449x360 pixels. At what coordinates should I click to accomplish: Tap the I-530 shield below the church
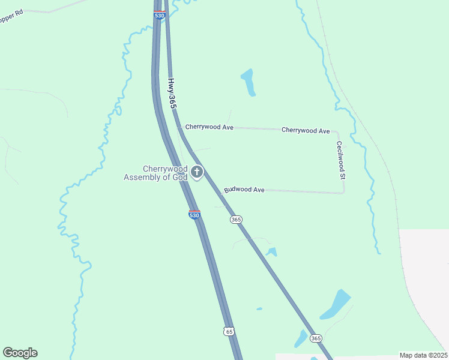194,214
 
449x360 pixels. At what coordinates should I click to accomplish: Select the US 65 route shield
228,331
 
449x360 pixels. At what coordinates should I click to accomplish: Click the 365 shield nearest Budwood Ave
236,220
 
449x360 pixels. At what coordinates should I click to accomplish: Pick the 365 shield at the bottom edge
316,339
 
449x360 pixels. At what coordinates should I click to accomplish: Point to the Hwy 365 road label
172,93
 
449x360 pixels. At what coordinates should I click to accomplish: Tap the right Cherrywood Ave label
306,130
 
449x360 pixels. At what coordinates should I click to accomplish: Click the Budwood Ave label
244,190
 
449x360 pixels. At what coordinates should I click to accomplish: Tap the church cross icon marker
196,173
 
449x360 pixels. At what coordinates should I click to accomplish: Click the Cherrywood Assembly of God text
156,173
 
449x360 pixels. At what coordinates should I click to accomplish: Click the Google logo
20,353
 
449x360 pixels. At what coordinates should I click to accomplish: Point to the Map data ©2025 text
423,355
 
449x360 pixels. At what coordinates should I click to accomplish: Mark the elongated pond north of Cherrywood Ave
249,82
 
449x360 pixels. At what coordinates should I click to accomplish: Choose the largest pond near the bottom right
336,305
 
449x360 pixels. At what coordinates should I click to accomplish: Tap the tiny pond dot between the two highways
259,309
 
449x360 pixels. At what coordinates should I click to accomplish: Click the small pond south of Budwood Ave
272,252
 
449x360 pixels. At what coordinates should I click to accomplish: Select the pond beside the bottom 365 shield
301,339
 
